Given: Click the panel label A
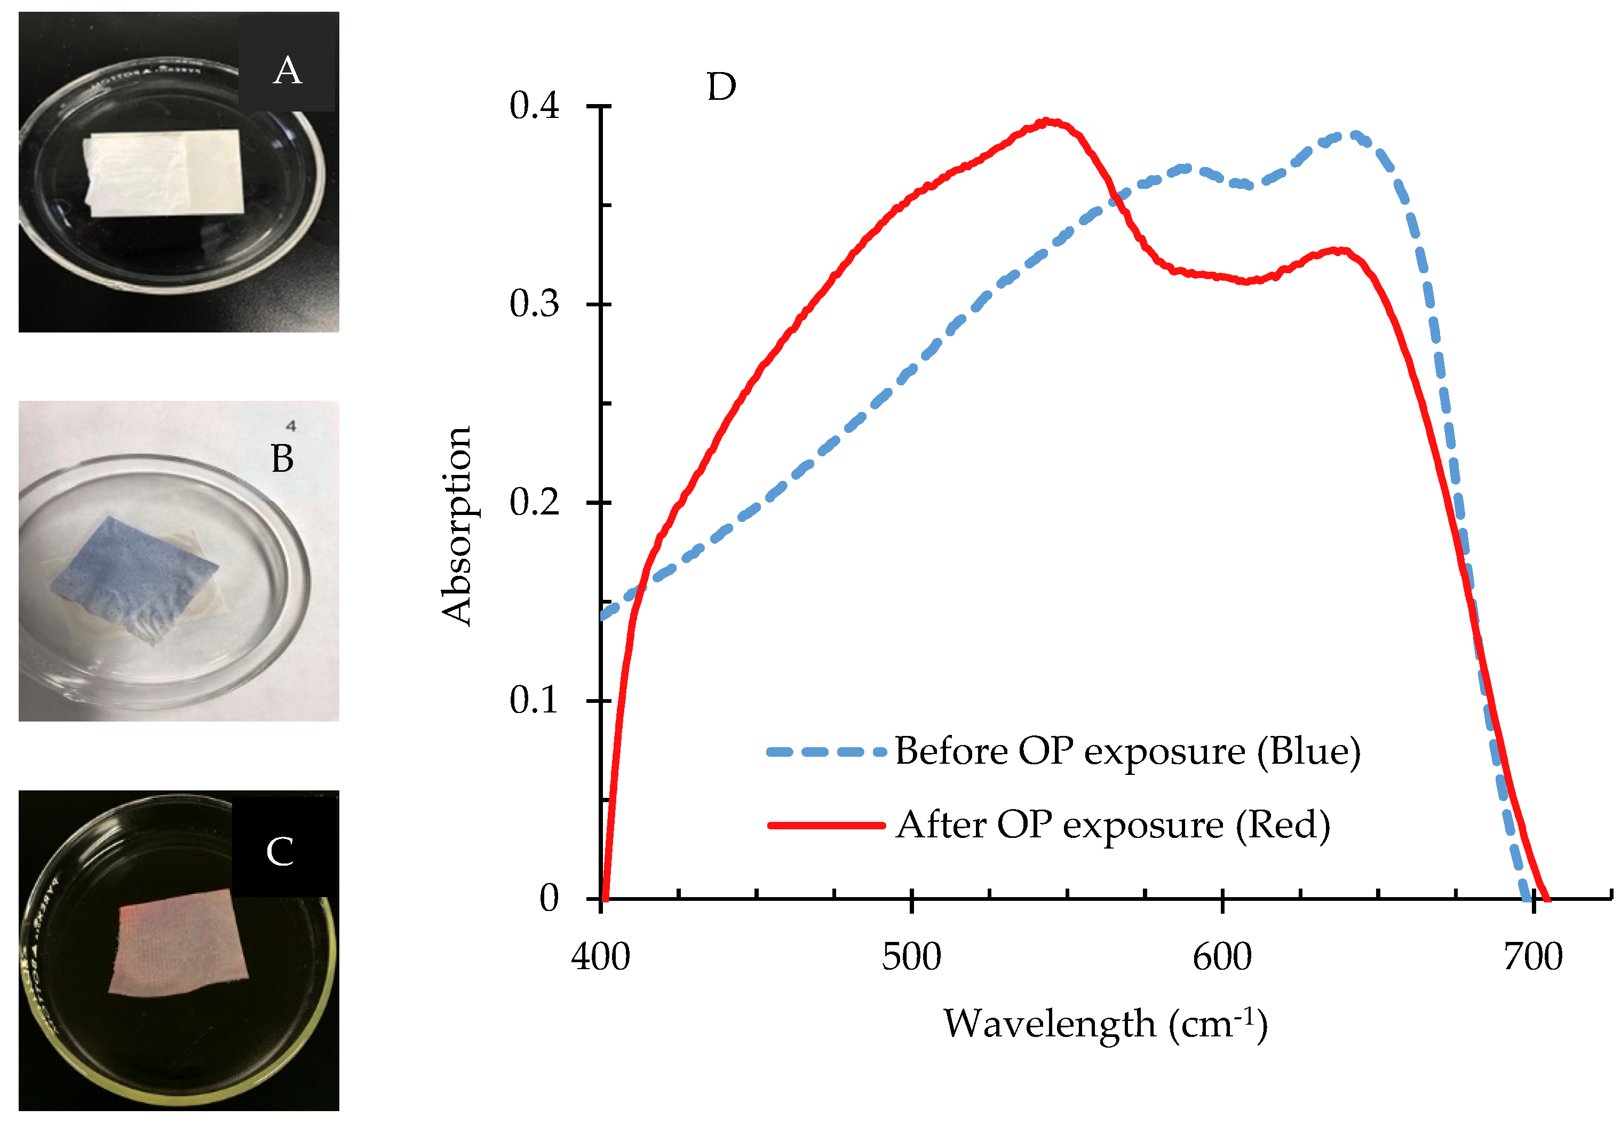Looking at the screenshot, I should pos(287,70).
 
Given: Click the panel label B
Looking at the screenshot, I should pos(282,459).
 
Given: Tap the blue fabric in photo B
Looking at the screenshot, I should pos(134,574).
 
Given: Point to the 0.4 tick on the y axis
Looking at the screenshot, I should pos(534,106).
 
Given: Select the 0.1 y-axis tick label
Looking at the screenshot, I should pos(534,700).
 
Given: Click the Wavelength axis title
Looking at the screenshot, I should pos(1104,1024).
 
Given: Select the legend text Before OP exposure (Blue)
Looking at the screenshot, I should pos(1127,751).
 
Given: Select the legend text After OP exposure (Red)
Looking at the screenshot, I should pos(1113,825).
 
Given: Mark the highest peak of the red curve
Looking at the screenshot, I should pos(1048,122).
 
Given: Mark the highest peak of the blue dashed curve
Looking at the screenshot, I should pos(1352,134).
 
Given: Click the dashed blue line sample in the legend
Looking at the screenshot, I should pos(826,752).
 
